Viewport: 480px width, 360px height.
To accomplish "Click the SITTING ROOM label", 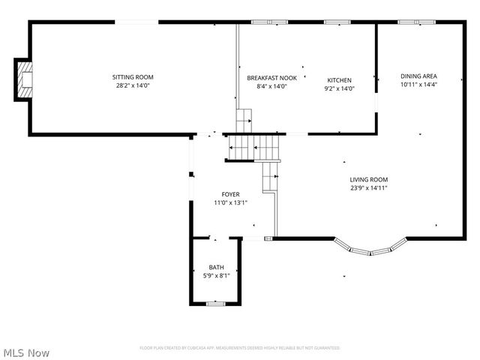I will pos(133,77).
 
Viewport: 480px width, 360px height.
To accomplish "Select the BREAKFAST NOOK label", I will pos(271,77).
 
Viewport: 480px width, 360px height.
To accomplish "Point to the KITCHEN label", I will pos(339,80).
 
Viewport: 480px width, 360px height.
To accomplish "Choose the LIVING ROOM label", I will pos(368,179).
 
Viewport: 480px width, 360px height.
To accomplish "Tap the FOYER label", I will pos(230,194).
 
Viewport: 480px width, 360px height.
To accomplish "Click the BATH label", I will pos(216,268).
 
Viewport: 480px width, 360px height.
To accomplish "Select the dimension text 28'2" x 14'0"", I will pos(133,86).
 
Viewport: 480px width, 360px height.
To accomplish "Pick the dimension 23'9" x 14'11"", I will pos(368,188).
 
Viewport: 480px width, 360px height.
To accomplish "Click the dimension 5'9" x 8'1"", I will pos(216,276).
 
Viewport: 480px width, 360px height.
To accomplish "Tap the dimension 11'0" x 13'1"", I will pos(230,202).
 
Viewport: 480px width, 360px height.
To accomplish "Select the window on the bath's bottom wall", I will pos(216,303).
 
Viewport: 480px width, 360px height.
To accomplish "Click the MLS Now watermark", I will pos(27,352).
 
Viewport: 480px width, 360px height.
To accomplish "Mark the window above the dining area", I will pos(409,22).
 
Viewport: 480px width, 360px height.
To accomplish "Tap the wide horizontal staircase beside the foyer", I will pos(255,148).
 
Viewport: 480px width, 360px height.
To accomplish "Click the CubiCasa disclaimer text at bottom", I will pos(240,348).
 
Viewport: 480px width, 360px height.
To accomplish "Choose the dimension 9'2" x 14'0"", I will pos(339,89).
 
